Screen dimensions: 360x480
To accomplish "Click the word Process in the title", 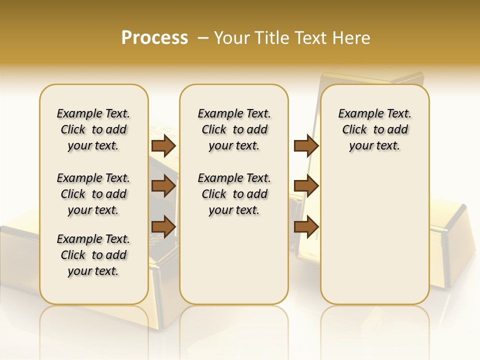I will (x=154, y=37).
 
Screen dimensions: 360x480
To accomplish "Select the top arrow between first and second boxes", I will (x=163, y=145).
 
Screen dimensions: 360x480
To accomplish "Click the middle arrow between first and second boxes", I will (x=163, y=186).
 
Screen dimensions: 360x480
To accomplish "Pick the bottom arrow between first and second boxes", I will (x=163, y=226).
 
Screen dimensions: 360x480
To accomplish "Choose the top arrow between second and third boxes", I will (x=306, y=145).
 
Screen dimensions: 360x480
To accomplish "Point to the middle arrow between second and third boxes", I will (x=306, y=186).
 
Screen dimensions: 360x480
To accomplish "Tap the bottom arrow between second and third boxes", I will (x=306, y=226).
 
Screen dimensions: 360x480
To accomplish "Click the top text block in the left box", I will (x=93, y=129).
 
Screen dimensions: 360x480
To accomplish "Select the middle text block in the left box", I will (x=93, y=194).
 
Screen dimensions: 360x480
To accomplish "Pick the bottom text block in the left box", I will (x=93, y=255).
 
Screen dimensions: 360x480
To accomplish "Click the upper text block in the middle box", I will (x=234, y=129).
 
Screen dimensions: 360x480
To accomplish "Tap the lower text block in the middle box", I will (x=234, y=194).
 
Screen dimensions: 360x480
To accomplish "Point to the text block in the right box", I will (x=375, y=129).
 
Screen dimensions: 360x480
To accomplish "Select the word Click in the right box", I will (x=354, y=129).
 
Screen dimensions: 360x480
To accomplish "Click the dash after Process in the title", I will (x=203, y=37).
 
